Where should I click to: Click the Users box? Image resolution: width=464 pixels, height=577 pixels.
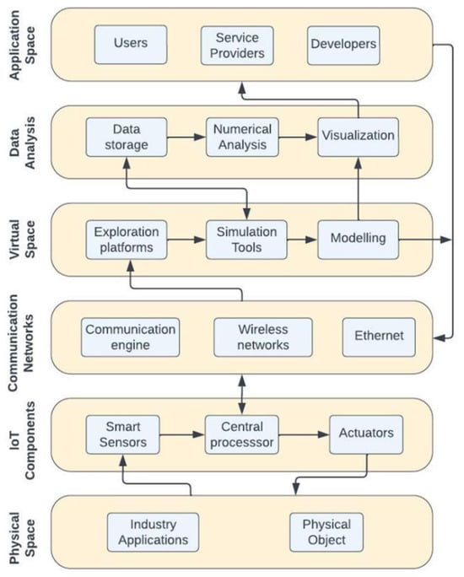coord(131,45)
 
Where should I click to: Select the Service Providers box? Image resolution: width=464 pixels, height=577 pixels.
coord(237,46)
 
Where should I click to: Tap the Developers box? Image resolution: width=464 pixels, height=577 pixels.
coord(343,46)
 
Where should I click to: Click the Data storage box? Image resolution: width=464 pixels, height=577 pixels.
coord(127,138)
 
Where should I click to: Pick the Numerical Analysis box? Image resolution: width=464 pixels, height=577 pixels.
coord(242,138)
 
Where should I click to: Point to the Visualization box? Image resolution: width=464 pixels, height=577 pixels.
coord(358,138)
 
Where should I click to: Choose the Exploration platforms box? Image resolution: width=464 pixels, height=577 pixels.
coord(127,240)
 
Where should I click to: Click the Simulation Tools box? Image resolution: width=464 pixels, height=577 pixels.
coord(246,240)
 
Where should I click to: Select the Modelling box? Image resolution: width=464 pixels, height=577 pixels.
coord(358,240)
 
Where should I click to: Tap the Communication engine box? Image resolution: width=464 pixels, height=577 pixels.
coord(130,337)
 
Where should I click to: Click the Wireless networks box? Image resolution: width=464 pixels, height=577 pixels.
coord(263,337)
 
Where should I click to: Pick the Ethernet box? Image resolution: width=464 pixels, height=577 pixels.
coord(379,337)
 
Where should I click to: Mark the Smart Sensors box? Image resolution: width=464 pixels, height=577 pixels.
coord(122,435)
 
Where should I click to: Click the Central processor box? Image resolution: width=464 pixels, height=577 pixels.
coord(242,435)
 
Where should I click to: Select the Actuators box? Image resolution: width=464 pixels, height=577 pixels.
coord(366,435)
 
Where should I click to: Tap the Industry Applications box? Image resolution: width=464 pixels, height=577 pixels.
coord(153,532)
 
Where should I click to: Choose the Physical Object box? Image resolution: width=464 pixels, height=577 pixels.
coord(326,532)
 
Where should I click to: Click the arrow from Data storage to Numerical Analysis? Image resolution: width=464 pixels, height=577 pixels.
coord(186,138)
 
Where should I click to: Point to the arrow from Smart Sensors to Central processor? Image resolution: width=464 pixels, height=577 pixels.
coord(182,434)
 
